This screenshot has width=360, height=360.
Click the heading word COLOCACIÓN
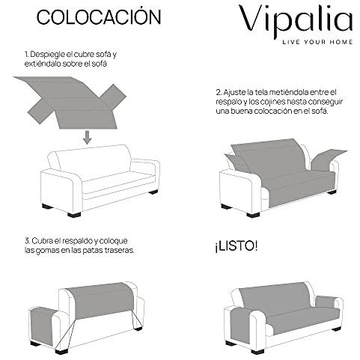click(99, 16)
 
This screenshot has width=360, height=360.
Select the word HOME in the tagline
click(341, 42)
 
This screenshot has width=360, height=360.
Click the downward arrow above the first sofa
click(87, 137)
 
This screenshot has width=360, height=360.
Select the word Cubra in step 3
click(43, 241)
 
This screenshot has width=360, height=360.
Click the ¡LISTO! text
click(236, 246)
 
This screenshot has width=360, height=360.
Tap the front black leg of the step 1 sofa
click(74, 215)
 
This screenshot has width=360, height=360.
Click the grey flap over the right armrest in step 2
click(327, 159)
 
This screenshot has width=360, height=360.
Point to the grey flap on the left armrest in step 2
click(237, 163)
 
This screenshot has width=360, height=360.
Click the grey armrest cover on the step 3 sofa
click(42, 324)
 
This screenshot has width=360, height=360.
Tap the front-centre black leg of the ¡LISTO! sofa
click(257, 352)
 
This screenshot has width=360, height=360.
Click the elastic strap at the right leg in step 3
click(136, 319)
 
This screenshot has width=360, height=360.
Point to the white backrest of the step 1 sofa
click(92, 162)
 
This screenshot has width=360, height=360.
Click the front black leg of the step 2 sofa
click(253, 215)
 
